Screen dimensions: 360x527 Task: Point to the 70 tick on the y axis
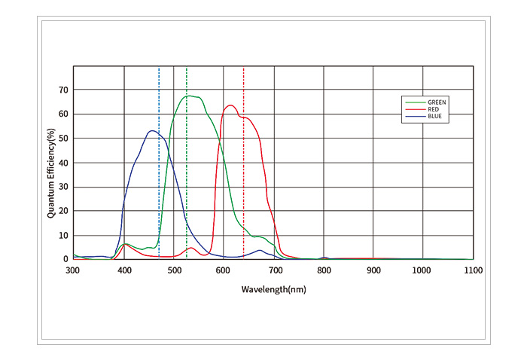[62, 90]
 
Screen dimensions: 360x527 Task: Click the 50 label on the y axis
[62, 139]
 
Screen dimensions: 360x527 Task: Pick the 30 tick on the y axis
[62, 187]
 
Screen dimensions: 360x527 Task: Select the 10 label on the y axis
[62, 235]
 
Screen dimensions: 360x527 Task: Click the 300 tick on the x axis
[73, 268]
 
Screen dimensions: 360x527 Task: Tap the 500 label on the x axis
[173, 268]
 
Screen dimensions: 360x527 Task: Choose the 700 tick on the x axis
[273, 268]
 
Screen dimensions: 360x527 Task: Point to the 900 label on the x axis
[373, 268]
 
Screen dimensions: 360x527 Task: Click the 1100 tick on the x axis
[473, 268]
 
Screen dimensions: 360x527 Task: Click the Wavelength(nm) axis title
[273, 288]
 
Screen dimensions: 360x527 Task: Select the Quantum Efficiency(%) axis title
[51, 174]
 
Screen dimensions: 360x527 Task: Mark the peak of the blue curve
[152, 131]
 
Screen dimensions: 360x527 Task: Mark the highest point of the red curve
[230, 105]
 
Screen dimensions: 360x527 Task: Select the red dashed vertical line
[244, 188]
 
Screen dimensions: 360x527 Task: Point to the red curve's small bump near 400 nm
[125, 244]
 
